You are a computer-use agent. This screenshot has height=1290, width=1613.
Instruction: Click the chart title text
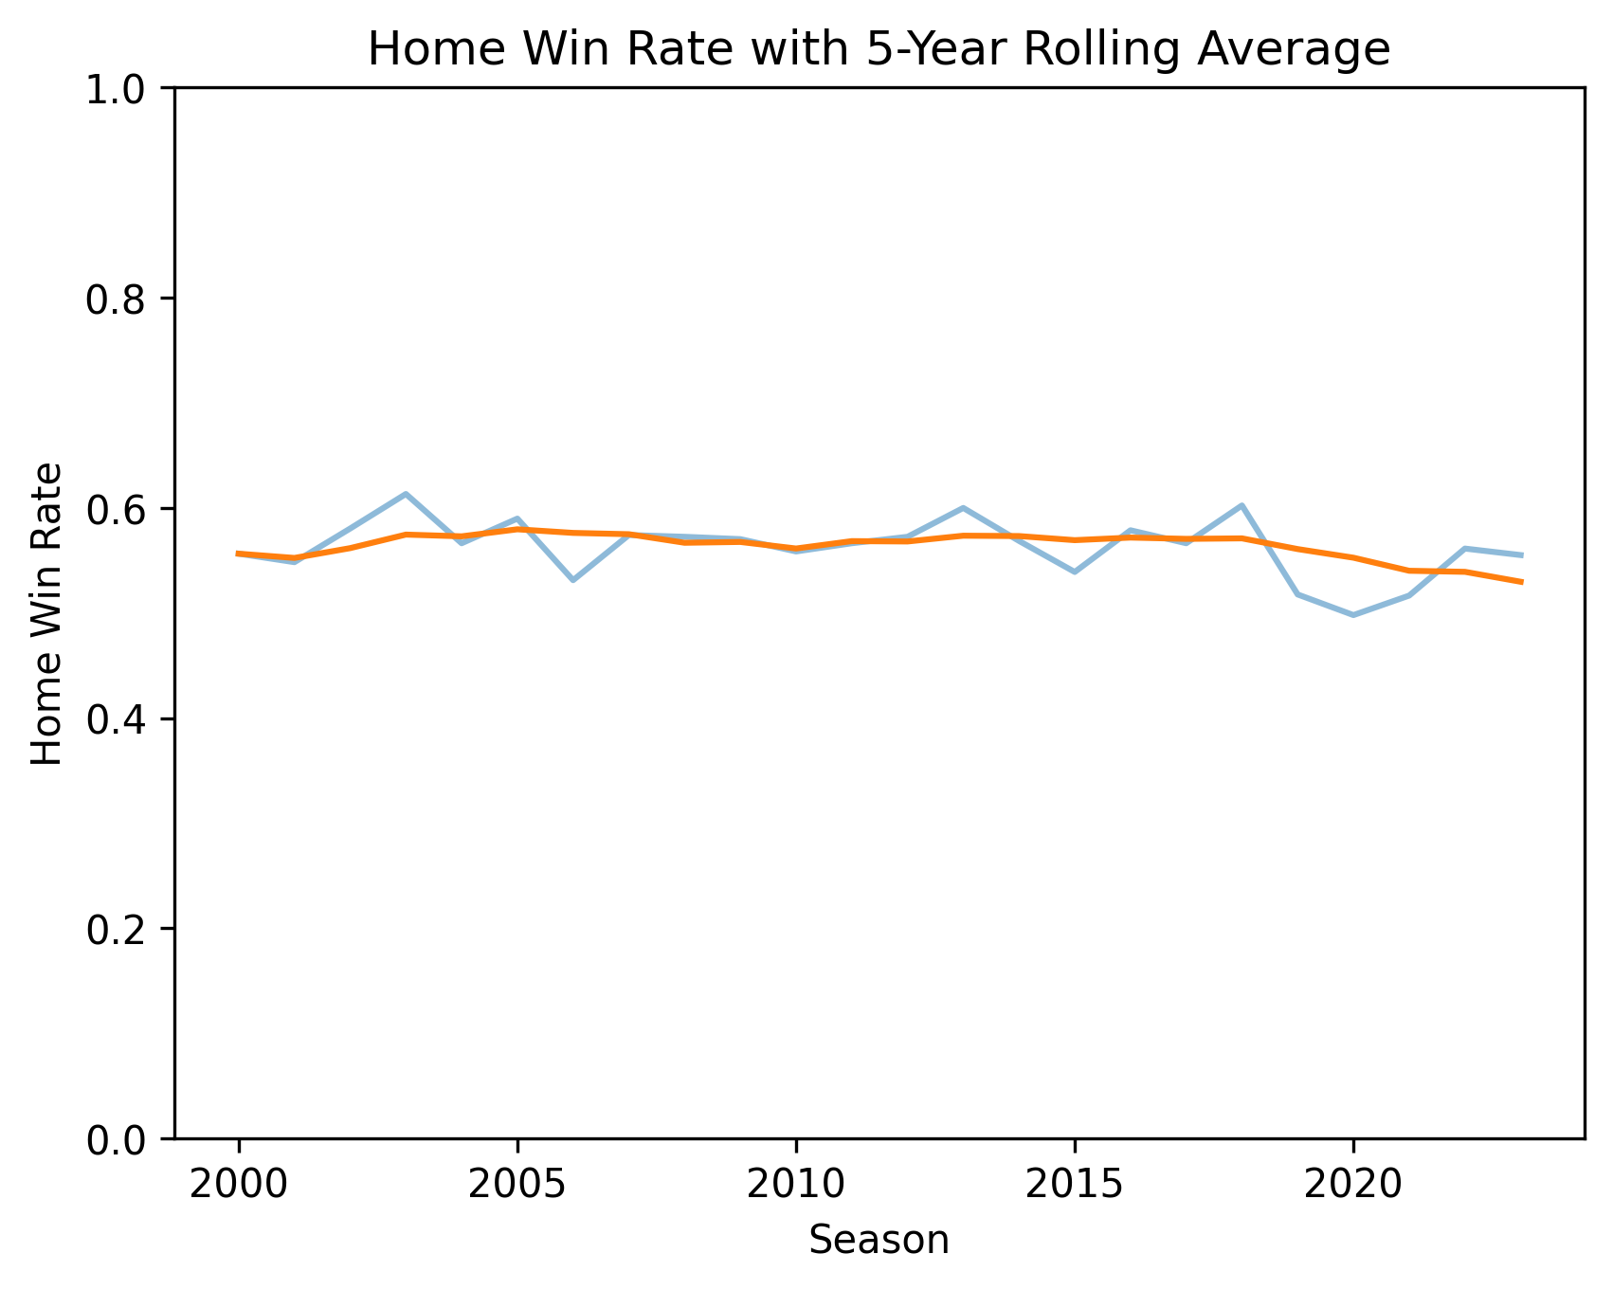[879, 49]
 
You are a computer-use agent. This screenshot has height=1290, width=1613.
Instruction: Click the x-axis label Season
[879, 1240]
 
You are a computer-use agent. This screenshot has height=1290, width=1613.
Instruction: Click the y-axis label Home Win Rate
[47, 613]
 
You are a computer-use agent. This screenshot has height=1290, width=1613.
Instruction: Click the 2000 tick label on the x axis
[238, 1185]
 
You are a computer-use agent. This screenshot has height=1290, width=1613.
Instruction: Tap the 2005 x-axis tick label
[517, 1185]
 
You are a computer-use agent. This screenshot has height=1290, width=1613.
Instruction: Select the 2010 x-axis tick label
[795, 1185]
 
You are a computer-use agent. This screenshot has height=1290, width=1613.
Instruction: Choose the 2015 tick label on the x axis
[1075, 1185]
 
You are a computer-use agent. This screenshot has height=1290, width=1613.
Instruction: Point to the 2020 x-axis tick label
[1353, 1185]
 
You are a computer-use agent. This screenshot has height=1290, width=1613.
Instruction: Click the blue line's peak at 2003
[406, 494]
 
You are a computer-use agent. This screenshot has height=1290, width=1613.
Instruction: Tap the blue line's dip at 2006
[572, 580]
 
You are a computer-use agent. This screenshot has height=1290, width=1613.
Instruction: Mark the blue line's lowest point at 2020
[1353, 615]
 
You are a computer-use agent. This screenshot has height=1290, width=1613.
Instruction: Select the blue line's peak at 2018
[1241, 505]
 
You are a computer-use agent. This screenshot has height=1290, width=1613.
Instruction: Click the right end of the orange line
[1521, 582]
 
